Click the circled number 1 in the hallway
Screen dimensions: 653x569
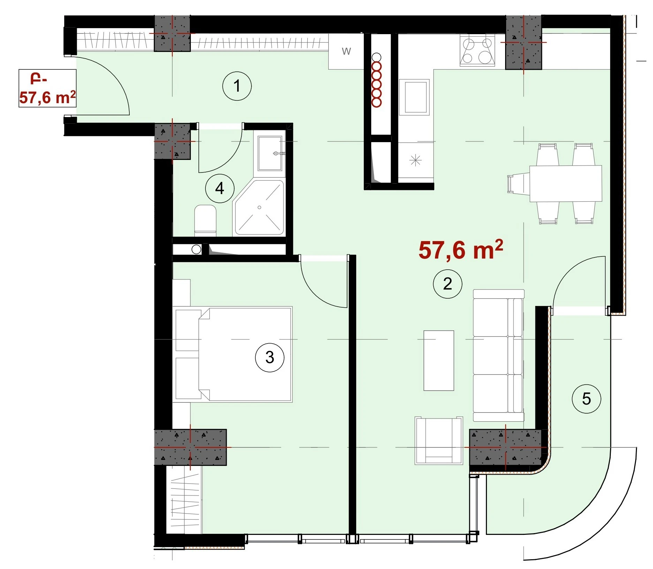click(237, 86)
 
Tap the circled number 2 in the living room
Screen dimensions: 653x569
click(448, 284)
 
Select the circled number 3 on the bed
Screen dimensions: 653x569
click(270, 357)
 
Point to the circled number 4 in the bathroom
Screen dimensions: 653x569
click(219, 189)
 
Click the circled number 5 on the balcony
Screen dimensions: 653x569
click(586, 399)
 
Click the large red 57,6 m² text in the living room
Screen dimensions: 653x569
click(461, 249)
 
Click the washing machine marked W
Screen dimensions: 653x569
click(346, 52)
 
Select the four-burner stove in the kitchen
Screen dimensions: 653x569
click(478, 51)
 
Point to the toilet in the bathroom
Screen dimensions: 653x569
click(205, 221)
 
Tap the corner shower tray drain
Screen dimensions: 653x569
click(259, 207)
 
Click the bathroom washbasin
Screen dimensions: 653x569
click(270, 153)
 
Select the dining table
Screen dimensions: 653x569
click(566, 183)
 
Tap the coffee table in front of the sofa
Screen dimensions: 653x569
click(439, 361)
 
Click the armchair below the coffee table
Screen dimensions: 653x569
click(439, 440)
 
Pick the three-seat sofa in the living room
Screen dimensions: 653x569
click(498, 355)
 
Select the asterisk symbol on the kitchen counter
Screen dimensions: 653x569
click(415, 160)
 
